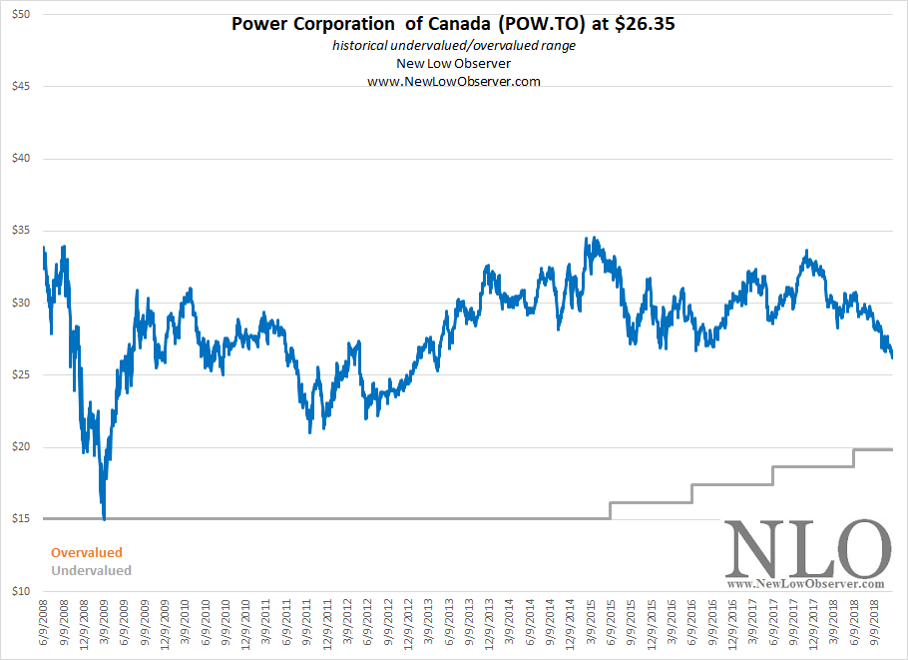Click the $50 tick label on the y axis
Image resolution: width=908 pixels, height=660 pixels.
[20, 15]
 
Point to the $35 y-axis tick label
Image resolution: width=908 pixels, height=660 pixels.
[20, 231]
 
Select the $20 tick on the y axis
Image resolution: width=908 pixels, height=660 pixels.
[20, 447]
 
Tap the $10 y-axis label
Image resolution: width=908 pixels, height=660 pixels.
[20, 591]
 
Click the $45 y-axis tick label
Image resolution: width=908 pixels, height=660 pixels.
[20, 87]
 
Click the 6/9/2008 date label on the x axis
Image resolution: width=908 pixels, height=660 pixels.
[44, 625]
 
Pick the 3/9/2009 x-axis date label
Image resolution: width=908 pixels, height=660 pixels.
[105, 625]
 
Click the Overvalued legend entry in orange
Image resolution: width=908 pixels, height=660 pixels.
[87, 552]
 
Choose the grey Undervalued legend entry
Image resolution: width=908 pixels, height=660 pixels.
[91, 571]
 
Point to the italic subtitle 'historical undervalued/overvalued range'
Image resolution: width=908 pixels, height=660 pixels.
[453, 47]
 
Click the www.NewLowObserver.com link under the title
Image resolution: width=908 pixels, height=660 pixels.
[453, 81]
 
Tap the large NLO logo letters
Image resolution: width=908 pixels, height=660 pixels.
[806, 550]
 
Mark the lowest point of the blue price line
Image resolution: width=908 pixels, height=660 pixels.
[104, 518]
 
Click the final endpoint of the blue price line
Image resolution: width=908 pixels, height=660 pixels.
[891, 356]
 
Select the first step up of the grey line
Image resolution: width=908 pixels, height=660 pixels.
[610, 510]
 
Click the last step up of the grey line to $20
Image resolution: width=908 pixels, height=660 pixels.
[853, 457]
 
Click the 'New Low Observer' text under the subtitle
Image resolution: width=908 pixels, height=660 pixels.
[453, 64]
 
